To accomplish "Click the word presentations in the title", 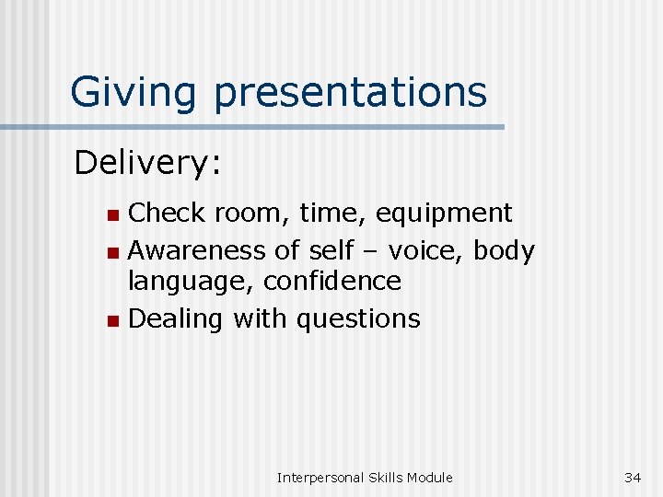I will tap(351, 92).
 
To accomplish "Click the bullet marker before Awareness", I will tap(111, 251).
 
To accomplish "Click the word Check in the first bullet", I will tap(167, 214).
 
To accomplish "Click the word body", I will tap(503, 249).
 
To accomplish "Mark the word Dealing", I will tap(177, 319).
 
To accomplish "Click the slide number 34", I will tap(633, 477).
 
